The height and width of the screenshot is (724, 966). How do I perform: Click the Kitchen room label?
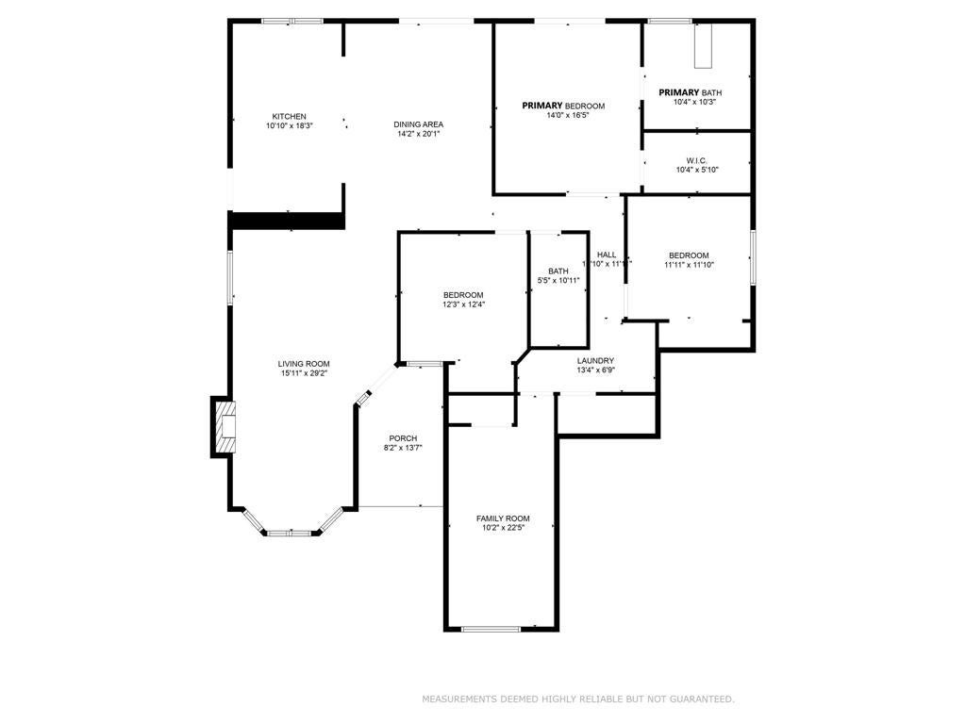coord(289,116)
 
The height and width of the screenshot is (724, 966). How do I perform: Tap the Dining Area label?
coord(418,124)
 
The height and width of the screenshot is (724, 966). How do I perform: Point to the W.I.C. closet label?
coord(697,160)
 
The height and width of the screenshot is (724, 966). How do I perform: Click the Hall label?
coord(607,255)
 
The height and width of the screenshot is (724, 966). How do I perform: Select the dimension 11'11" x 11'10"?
coord(689,265)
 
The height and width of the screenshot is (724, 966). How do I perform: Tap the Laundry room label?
coord(595,360)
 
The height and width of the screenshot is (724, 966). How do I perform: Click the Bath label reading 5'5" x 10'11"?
coord(558,271)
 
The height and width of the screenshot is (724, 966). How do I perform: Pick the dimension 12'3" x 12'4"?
coord(463,304)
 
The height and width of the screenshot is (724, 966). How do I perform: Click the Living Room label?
coord(304,364)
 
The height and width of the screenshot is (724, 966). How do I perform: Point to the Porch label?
coord(403,438)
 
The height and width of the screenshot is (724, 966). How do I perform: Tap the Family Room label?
coord(502,518)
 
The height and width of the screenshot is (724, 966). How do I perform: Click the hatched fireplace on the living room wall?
coord(224,427)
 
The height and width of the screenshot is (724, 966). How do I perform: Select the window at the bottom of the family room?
coord(491,628)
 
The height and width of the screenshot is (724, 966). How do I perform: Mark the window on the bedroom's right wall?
coord(752,256)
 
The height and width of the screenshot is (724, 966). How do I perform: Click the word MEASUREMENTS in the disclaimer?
coord(458,699)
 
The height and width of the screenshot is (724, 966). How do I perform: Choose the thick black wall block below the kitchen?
coord(286,220)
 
